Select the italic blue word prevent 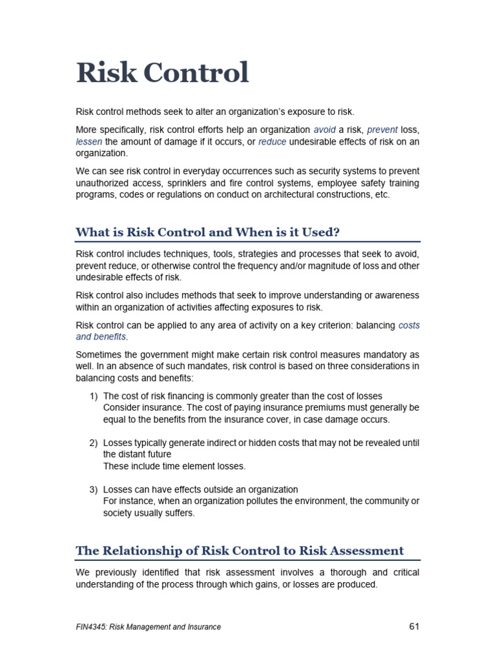[382, 129]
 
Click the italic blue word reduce [272, 141]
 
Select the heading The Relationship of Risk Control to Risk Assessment [240, 551]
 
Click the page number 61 [415, 626]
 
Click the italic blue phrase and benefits [101, 337]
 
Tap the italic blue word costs [409, 325]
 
